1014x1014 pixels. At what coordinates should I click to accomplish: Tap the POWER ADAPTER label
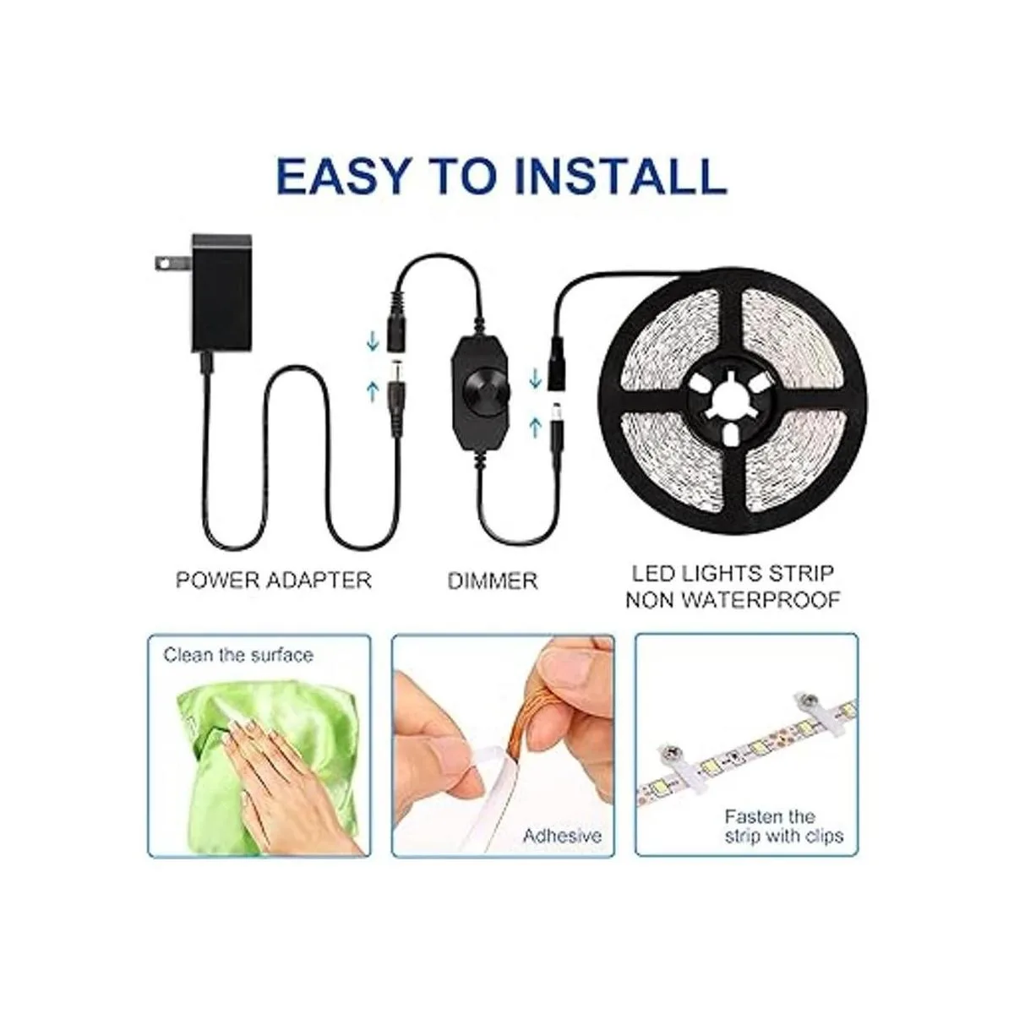coord(273,581)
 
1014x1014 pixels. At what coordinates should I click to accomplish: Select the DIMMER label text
coord(493,581)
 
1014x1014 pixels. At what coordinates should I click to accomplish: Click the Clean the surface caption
coord(238,655)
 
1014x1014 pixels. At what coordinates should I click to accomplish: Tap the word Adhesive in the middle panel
coord(562,836)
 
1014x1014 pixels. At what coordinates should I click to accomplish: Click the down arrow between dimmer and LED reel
coord(534,377)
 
